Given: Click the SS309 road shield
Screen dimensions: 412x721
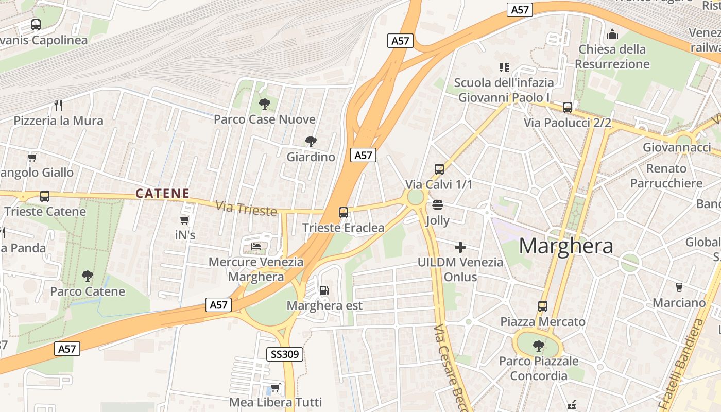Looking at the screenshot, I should (x=285, y=354).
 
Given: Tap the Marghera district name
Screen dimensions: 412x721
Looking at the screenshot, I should (x=566, y=246).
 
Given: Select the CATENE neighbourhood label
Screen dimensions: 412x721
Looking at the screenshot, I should (x=162, y=194).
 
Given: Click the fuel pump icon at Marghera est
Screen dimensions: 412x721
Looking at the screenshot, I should (x=324, y=290).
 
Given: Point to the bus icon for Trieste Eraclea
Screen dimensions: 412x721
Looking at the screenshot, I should (x=343, y=212).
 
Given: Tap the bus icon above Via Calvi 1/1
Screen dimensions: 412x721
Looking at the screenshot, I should (x=439, y=169).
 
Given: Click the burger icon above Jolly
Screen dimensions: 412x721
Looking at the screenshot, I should (x=438, y=205).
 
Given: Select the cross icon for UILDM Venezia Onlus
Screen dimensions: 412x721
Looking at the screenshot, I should (x=460, y=247).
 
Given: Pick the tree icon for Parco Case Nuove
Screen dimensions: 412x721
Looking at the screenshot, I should (x=265, y=104).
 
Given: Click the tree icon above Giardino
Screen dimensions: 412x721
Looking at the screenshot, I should (x=311, y=141).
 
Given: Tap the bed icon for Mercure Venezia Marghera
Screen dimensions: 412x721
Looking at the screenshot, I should (x=256, y=246).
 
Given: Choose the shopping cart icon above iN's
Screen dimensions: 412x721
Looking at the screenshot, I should (x=185, y=220).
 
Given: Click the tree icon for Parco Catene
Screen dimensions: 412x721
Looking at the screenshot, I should (x=88, y=276).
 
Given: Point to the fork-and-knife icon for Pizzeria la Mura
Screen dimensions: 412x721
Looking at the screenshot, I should (x=58, y=106).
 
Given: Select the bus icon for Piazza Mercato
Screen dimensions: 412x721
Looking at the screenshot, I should (x=542, y=306).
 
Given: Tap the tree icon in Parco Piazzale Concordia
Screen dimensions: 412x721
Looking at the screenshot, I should (x=538, y=346).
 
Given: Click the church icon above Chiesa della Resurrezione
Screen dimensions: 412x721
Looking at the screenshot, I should (x=612, y=34).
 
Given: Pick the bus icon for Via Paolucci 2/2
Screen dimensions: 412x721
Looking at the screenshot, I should (x=567, y=107).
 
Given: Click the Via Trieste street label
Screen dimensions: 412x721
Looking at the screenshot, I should (x=246, y=208).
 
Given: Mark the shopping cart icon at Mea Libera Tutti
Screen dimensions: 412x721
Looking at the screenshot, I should (x=276, y=387).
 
